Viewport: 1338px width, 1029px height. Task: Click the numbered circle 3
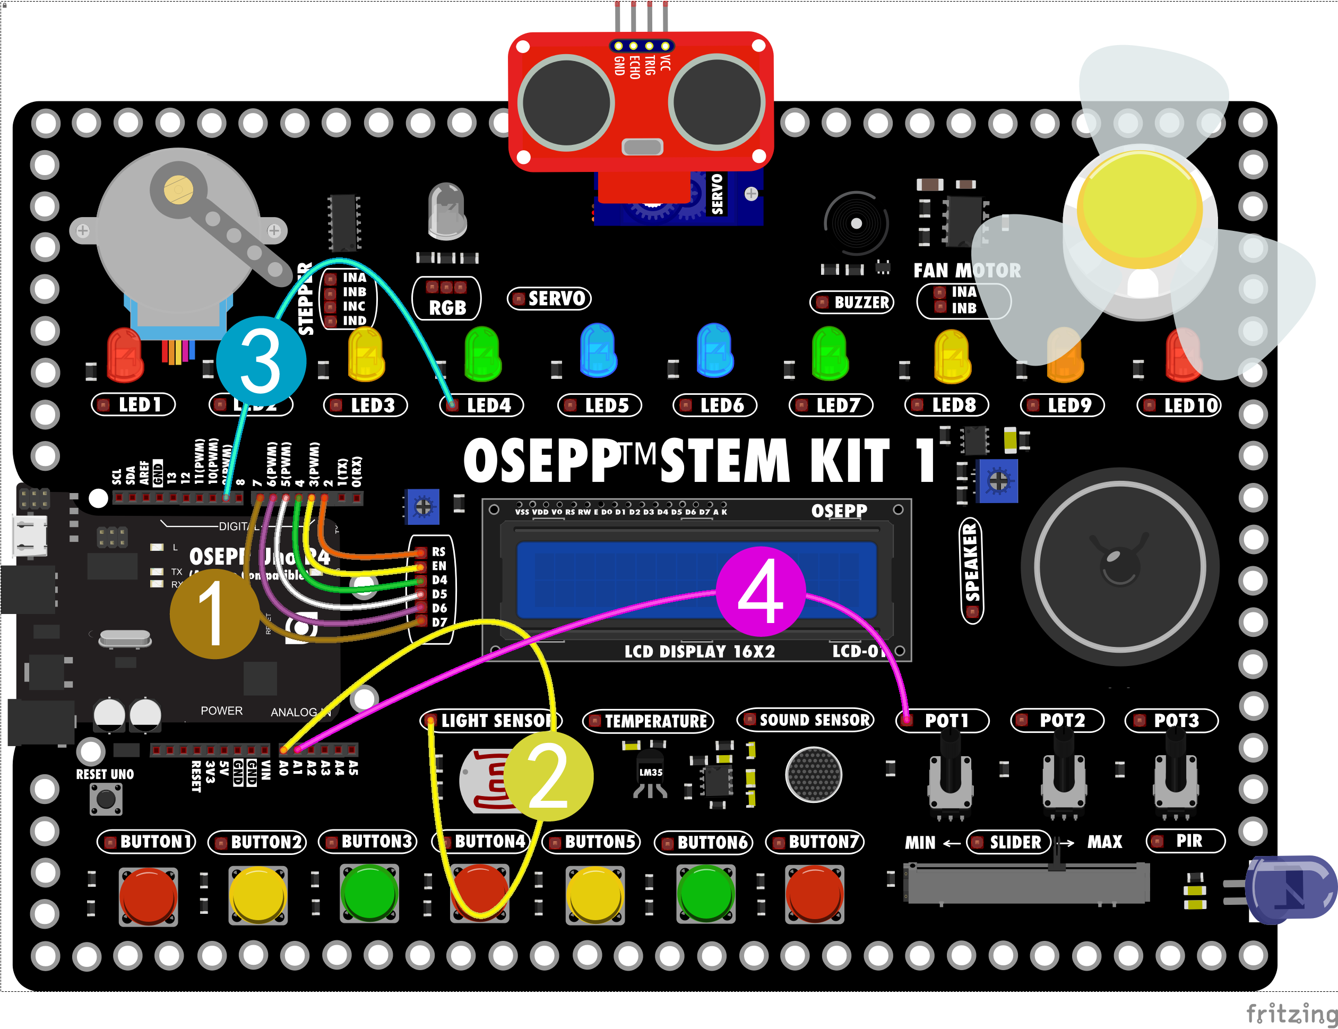point(261,361)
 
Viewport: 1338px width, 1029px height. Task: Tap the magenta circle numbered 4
point(760,591)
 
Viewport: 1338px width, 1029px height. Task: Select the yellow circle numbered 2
point(548,776)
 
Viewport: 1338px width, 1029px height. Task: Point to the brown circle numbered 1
point(214,613)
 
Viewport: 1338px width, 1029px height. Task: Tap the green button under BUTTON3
point(369,893)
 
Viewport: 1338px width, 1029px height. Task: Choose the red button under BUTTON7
point(815,893)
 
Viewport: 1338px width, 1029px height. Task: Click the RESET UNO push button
point(106,799)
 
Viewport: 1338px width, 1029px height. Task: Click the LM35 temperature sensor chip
point(651,774)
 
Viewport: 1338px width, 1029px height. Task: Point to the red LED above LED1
point(125,355)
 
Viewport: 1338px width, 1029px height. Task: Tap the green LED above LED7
point(830,353)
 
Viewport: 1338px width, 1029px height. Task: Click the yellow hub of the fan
point(1140,208)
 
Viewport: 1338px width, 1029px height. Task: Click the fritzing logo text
point(1291,1013)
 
